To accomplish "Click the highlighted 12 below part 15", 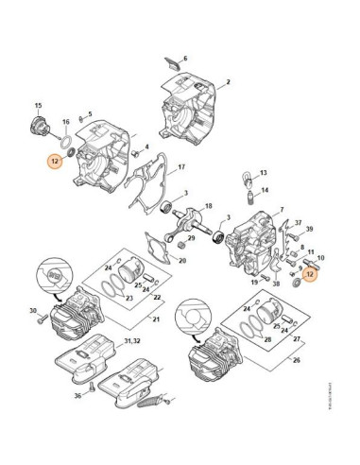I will point(55,162).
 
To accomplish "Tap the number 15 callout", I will point(38,104).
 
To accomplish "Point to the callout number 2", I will point(228,83).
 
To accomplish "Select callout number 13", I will point(262,174).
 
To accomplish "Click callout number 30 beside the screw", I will point(32,311).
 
